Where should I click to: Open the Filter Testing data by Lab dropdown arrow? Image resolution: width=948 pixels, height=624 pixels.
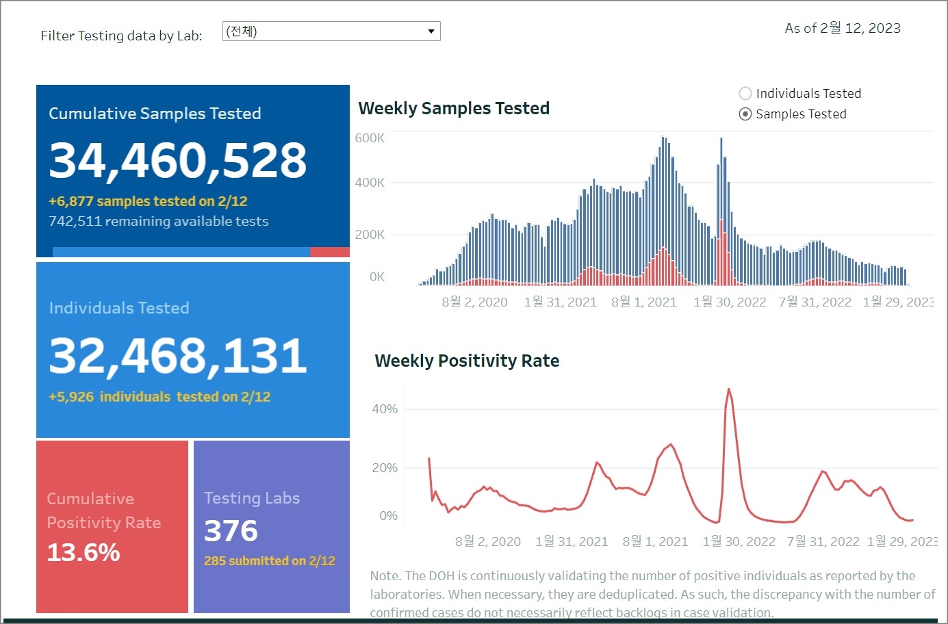point(431,31)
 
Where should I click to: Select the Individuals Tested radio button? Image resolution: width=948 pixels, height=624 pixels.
point(745,94)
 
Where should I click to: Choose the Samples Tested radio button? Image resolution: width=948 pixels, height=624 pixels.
point(745,114)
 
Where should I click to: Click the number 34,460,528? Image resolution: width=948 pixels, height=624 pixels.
point(178,161)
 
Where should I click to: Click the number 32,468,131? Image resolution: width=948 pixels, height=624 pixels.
point(178,356)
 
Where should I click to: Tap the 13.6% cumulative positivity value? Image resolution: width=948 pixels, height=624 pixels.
point(84,552)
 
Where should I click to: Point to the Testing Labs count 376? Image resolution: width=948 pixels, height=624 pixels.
point(231,531)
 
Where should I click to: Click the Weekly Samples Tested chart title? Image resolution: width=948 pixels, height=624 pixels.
point(454,108)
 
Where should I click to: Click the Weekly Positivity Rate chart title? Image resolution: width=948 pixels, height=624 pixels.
point(467,361)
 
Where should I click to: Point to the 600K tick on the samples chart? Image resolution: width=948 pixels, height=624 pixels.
point(370,138)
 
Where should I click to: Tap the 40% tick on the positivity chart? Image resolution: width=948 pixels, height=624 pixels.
point(385,409)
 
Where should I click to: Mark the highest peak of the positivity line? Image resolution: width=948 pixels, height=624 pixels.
point(728,390)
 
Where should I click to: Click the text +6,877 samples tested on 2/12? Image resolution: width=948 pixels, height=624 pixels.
point(148,201)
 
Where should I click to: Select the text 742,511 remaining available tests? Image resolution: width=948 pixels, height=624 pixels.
point(159,221)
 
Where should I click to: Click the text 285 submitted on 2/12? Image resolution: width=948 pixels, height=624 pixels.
point(270,561)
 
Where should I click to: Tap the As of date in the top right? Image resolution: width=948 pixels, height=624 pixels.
point(843,28)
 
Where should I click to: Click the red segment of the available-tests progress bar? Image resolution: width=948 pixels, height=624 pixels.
point(329,252)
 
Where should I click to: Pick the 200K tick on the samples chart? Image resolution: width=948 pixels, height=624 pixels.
point(370,235)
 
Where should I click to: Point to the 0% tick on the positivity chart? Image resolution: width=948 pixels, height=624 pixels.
point(388,516)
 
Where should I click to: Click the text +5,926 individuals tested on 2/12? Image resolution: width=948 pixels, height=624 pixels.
point(159,397)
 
